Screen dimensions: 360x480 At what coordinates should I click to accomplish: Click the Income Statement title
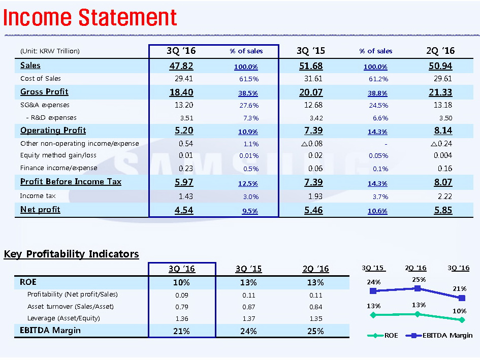click(90, 18)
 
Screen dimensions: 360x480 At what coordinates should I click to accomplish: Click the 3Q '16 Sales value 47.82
click(181, 66)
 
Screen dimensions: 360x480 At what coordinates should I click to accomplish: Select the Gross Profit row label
click(44, 92)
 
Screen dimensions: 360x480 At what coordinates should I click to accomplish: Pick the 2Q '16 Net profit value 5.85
click(443, 210)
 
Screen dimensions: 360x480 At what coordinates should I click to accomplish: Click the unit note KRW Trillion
click(50, 51)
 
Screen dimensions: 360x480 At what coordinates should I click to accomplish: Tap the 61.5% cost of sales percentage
click(248, 79)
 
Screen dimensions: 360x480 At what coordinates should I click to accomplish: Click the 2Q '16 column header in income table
click(440, 51)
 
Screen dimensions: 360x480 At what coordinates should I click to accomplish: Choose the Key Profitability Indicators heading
click(72, 254)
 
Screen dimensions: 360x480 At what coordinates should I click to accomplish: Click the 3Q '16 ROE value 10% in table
click(181, 282)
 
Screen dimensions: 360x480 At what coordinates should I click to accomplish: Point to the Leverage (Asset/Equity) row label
click(63, 318)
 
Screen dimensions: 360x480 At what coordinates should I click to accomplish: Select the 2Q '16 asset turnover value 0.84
click(315, 306)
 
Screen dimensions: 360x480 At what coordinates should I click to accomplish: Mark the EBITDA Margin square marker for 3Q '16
click(461, 298)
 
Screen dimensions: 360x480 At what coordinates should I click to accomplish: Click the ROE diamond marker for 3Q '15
click(373, 315)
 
